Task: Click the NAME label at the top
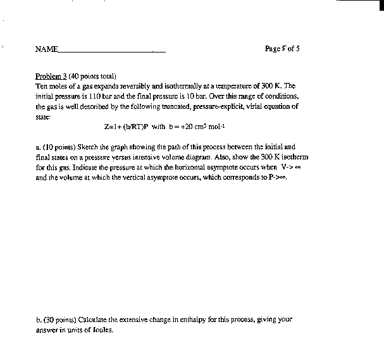pyautogui.click(x=46, y=49)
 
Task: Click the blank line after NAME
pyautogui.click(x=111, y=51)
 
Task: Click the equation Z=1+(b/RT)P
pyautogui.click(x=127, y=126)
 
